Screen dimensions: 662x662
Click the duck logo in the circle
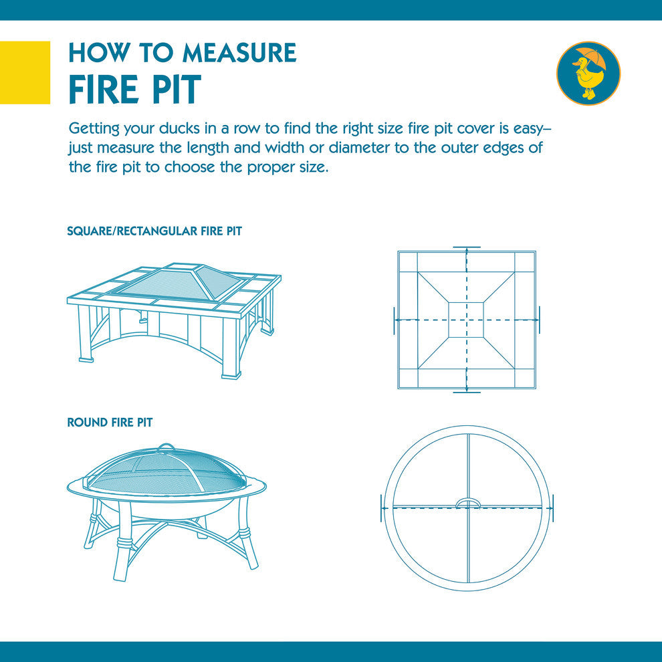click(588, 73)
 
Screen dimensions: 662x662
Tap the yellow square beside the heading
click(25, 73)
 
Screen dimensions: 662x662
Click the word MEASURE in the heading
click(239, 53)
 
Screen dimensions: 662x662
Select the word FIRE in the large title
click(103, 90)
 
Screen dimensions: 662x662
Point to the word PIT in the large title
click(177, 90)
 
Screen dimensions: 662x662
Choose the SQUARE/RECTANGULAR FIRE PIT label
click(154, 231)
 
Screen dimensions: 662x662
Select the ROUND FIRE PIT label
click(110, 422)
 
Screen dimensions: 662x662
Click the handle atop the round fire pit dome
click(165, 446)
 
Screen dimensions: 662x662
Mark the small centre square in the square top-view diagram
click(466, 320)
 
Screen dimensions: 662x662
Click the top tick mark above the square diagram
click(467, 247)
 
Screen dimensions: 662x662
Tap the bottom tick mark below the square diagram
click(467, 393)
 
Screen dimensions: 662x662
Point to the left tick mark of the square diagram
click(394, 320)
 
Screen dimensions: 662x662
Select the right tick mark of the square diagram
click(540, 320)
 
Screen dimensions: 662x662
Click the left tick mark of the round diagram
click(382, 508)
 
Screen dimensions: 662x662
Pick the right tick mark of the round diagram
click(553, 508)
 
